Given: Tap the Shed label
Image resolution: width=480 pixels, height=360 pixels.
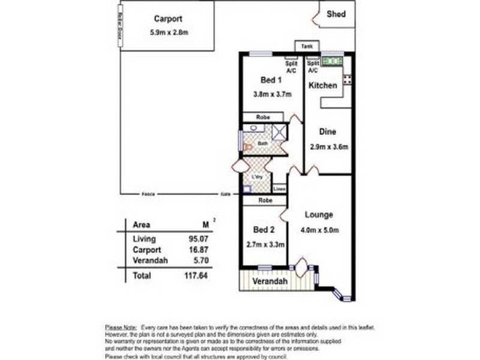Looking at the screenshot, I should point(336,14).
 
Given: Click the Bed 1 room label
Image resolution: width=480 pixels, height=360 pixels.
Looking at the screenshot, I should point(271,80).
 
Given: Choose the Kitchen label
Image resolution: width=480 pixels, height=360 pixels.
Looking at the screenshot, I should point(323,86).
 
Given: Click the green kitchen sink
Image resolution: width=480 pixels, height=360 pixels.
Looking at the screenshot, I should point(332,61).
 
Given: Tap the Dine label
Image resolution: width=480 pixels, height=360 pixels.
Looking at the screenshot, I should point(327,132).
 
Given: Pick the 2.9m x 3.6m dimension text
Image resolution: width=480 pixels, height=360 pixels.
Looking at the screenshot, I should point(329,146).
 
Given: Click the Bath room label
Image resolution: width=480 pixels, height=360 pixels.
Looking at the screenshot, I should point(263,143).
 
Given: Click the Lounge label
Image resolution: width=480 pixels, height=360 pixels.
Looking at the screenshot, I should point(319,215).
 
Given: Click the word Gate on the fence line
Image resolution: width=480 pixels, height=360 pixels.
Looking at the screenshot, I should point(226,194).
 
